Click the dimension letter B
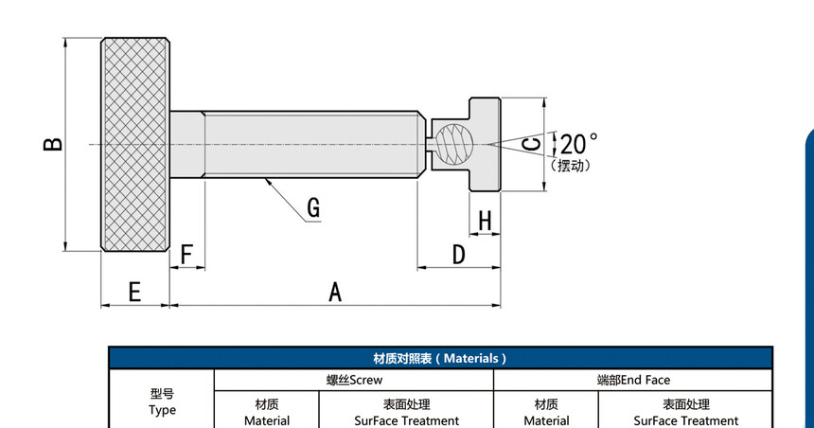[53, 144]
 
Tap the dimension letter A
[335, 292]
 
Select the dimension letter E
[134, 292]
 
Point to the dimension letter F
[186, 255]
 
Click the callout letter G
[313, 207]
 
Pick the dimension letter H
[485, 221]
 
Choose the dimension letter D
[459, 255]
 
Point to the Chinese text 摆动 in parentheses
[571, 166]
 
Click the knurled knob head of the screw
[135, 144]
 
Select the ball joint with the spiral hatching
[454, 144]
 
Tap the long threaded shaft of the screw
[298, 144]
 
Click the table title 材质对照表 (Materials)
[440, 358]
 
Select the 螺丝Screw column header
[354, 381]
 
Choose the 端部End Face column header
[633, 381]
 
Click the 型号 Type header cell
[162, 402]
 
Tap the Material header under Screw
[267, 413]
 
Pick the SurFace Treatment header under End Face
[686, 413]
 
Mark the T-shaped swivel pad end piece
[485, 144]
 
